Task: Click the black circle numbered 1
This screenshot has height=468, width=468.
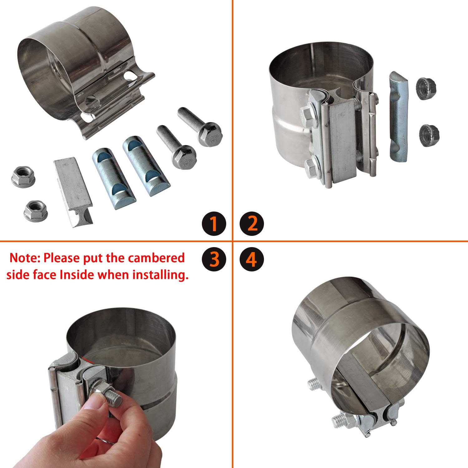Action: coord(214,224)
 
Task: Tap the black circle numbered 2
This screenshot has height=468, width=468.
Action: coord(252,224)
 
